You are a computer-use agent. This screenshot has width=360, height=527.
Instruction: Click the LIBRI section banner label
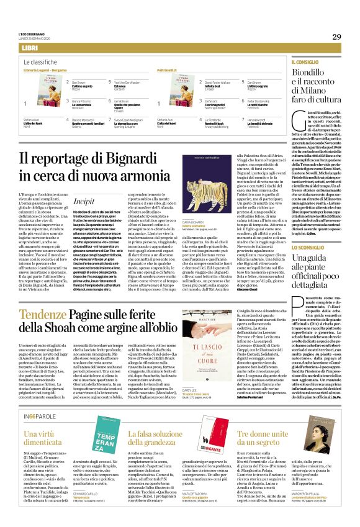[29, 48]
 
